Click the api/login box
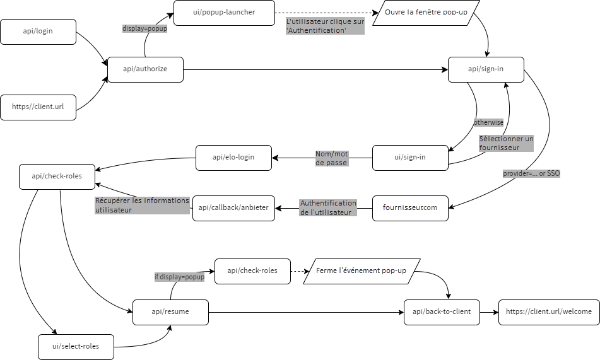38,32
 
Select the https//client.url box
38,107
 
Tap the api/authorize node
145,69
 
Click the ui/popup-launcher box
224,13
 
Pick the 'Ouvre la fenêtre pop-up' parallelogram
426,13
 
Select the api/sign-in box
486,69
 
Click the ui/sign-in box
410,158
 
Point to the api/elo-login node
233,158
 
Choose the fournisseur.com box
410,208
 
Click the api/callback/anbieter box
233,208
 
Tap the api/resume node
170,312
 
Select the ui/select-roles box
76,346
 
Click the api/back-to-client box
442,312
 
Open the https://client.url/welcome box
548,312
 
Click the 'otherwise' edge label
488,122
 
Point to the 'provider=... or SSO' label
531,173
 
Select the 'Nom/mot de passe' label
332,158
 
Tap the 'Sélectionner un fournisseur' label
506,143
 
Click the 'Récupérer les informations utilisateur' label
142,205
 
